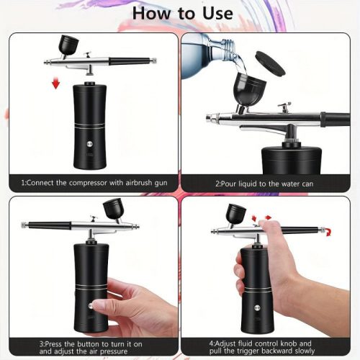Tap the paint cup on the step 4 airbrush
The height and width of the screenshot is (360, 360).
(235, 213)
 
